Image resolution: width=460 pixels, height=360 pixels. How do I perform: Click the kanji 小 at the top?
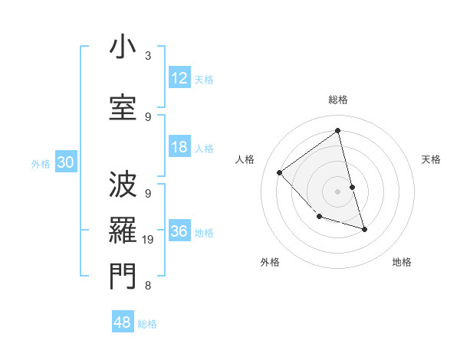click(x=122, y=47)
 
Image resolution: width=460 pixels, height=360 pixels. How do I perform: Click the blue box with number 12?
click(x=179, y=77)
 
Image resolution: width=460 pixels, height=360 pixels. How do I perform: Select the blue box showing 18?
click(x=179, y=148)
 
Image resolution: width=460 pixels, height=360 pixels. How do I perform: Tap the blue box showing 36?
click(x=179, y=232)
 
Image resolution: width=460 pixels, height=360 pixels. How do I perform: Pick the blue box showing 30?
click(x=65, y=162)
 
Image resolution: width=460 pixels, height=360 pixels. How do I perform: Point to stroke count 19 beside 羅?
click(x=149, y=240)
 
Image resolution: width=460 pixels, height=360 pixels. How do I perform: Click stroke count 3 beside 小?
click(x=147, y=56)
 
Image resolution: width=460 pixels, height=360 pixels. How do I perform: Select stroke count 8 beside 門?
click(x=147, y=286)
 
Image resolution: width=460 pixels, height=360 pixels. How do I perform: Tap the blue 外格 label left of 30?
click(x=41, y=163)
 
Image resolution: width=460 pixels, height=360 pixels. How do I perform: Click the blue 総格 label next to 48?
click(x=147, y=323)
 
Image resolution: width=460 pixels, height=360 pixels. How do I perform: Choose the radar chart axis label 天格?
click(x=431, y=159)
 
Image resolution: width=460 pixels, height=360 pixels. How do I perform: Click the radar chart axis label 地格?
click(x=402, y=262)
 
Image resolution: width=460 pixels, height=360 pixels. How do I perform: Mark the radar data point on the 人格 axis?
click(x=280, y=172)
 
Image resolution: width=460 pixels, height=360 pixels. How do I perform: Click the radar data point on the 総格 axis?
click(x=337, y=130)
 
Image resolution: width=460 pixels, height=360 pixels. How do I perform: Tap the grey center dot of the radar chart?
click(x=337, y=191)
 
